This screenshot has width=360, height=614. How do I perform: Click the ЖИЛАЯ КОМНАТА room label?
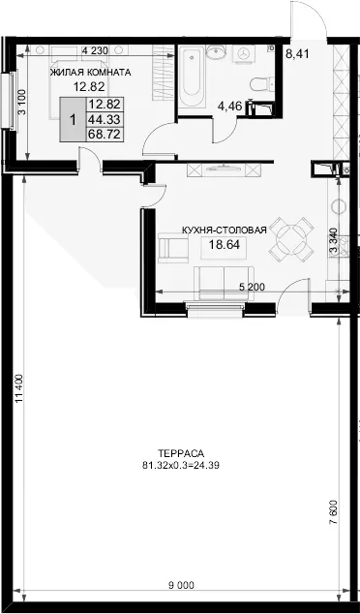pyautogui.click(x=90, y=73)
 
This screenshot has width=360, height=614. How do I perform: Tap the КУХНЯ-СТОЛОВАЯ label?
pyautogui.click(x=225, y=230)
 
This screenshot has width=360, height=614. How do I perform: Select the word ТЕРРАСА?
pyautogui.click(x=181, y=454)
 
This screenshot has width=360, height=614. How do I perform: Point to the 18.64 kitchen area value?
pyautogui.click(x=225, y=245)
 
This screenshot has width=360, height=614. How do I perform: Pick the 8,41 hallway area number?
pyautogui.click(x=297, y=53)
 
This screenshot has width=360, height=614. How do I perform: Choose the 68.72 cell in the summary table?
pyautogui.click(x=105, y=134)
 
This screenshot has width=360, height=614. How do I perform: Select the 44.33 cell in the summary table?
pyautogui.click(x=105, y=119)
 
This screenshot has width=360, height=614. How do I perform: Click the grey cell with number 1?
pyautogui.click(x=73, y=119)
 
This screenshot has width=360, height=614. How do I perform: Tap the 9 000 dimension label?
pyautogui.click(x=181, y=585)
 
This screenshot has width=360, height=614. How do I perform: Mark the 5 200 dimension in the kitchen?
pyautogui.click(x=252, y=287)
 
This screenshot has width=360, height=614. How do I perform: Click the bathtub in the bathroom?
pyautogui.click(x=192, y=76)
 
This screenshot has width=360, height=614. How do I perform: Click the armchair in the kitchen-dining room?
pyautogui.click(x=172, y=248)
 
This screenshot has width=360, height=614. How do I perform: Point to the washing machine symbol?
pyautogui.click(x=244, y=53)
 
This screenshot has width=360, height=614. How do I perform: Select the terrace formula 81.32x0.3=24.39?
pyautogui.click(x=181, y=466)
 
